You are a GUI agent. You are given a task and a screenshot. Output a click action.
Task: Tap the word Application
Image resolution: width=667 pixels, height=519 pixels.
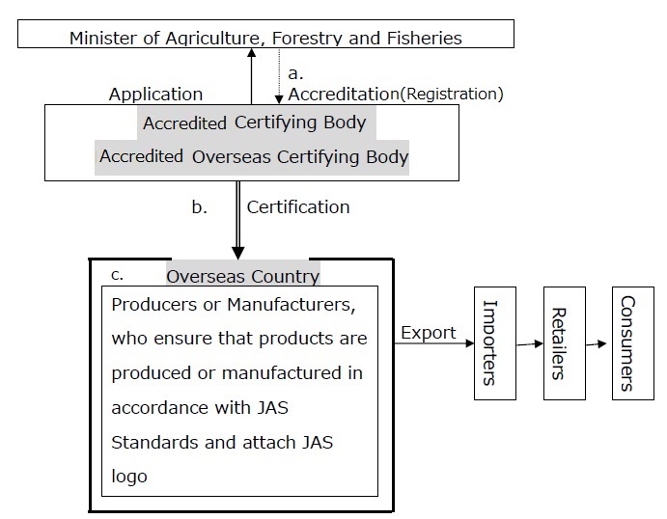pyautogui.click(x=155, y=95)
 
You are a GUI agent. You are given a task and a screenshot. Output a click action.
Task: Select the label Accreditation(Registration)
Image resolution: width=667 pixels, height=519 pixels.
pyautogui.click(x=396, y=94)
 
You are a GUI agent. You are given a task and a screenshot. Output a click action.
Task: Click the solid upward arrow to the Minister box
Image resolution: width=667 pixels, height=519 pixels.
pyautogui.click(x=251, y=76)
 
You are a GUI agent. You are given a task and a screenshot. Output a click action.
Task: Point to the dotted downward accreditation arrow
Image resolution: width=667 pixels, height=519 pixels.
pyautogui.click(x=279, y=76)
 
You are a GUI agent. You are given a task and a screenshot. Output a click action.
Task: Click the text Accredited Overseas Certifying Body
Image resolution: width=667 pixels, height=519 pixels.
pyautogui.click(x=254, y=157)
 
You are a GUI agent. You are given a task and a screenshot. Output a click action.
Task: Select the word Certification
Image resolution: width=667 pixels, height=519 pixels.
pyautogui.click(x=298, y=207)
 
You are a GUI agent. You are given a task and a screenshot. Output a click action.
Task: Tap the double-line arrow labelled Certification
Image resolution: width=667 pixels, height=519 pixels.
pyautogui.click(x=237, y=220)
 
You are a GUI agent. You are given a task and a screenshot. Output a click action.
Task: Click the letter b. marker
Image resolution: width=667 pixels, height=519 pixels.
pyautogui.click(x=200, y=207)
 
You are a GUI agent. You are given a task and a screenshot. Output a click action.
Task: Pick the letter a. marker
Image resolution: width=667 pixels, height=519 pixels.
pyautogui.click(x=295, y=73)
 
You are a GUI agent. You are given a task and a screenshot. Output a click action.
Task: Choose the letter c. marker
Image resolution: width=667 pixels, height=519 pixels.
pyautogui.click(x=117, y=275)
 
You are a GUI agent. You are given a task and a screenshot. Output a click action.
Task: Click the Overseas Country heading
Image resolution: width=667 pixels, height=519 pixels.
pyautogui.click(x=242, y=276)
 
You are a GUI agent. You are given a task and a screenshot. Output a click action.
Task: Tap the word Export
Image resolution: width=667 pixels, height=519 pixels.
pyautogui.click(x=429, y=333)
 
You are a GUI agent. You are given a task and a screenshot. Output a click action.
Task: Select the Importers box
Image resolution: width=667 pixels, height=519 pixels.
pyautogui.click(x=495, y=343)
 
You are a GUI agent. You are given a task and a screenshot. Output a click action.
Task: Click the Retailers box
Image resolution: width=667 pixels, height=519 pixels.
pyautogui.click(x=565, y=343)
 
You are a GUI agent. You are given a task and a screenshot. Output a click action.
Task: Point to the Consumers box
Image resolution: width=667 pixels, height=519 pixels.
pyautogui.click(x=633, y=343)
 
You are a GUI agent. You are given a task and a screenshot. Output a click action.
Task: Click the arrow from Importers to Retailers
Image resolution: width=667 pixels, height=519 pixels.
pyautogui.click(x=530, y=343)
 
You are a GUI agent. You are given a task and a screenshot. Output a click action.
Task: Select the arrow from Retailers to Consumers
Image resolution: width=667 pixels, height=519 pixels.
pyautogui.click(x=596, y=343)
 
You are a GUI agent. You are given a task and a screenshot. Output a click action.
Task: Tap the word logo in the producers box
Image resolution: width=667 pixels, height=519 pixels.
pyautogui.click(x=129, y=477)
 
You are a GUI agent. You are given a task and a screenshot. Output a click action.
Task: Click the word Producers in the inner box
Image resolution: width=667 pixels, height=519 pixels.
pyautogui.click(x=153, y=304)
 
